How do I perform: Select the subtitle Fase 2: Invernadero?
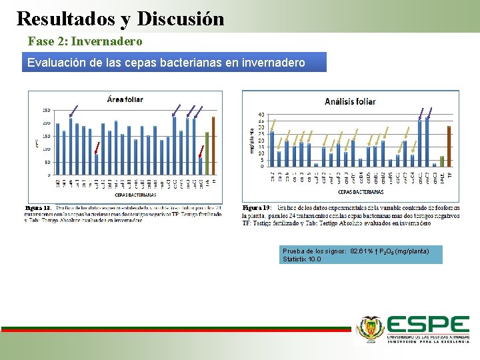85,41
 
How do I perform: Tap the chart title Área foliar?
125,99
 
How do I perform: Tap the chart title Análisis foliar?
350,101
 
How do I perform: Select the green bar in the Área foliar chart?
207,153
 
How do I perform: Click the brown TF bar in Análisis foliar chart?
449,146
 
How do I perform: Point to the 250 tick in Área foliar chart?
47,110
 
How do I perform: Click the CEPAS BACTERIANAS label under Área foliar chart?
136,195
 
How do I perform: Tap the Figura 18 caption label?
38,208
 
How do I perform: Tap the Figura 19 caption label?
257,208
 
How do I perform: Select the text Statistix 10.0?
301,259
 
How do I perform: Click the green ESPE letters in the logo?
429,325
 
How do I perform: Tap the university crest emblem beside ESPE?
371,329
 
